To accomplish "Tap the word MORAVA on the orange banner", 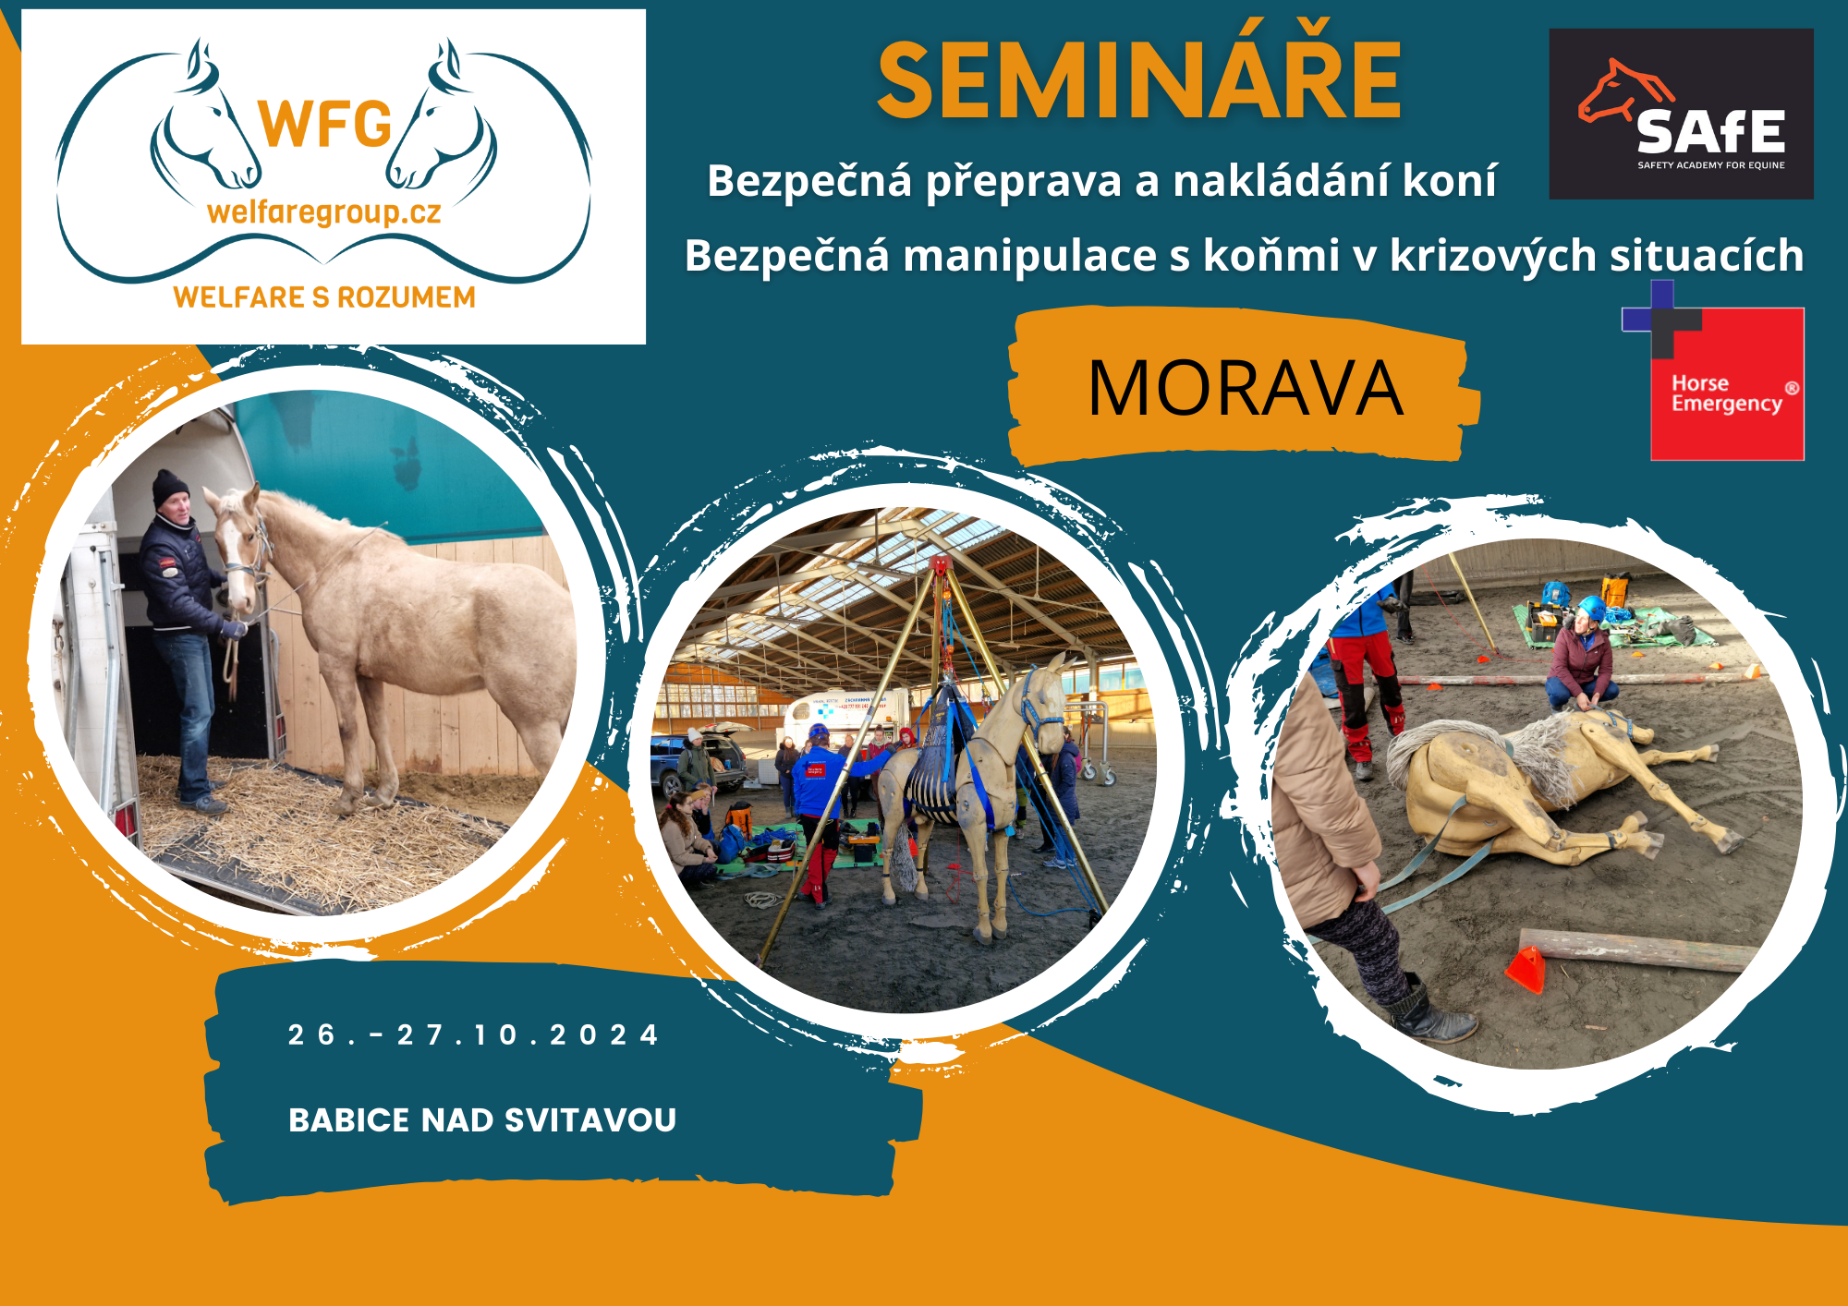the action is coord(1245,388).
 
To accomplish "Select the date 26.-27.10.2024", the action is coord(473,1034).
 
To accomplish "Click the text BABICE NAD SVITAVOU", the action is coord(482,1120).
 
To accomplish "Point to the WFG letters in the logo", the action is coord(325,125).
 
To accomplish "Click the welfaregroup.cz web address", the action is coord(324,213).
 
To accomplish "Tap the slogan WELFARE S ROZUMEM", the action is coord(324,297).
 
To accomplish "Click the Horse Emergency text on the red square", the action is coord(1726,394).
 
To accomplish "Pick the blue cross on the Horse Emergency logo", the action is coord(1660,319).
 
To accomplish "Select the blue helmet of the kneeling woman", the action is coord(1590,608).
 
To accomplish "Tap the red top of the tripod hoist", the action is coord(940,564).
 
